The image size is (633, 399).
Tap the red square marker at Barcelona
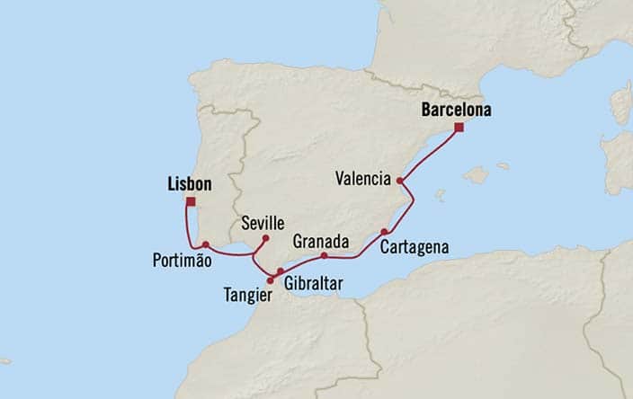point(459,129)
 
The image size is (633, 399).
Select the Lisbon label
point(190,184)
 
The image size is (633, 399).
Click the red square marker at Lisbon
point(191,201)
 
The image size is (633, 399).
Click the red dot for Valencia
point(400,182)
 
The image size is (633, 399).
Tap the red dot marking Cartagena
point(384,231)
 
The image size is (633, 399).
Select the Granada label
point(318,240)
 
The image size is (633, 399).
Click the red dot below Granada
point(324,255)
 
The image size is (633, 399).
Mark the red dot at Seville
point(265,238)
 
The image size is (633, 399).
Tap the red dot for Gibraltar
point(280,271)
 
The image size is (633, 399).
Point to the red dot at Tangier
point(271,279)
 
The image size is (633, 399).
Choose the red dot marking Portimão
point(206,244)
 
